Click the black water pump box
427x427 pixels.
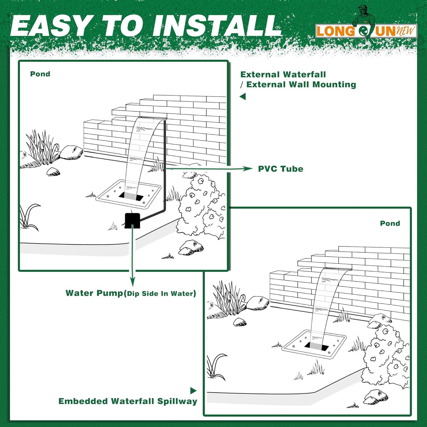pyautogui.click(x=132, y=220)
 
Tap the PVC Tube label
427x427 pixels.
pyautogui.click(x=280, y=169)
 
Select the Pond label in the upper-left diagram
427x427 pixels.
pyautogui.click(x=40, y=74)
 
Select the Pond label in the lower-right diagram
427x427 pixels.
pyautogui.click(x=390, y=223)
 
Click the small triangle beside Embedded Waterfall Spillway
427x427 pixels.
pyautogui.click(x=193, y=391)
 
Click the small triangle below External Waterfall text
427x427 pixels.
pyautogui.click(x=243, y=96)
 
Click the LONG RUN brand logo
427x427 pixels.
pyautogui.click(x=366, y=31)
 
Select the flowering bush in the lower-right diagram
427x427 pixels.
pyautogui.click(x=386, y=355)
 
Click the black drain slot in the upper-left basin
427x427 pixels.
pyautogui.click(x=131, y=196)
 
